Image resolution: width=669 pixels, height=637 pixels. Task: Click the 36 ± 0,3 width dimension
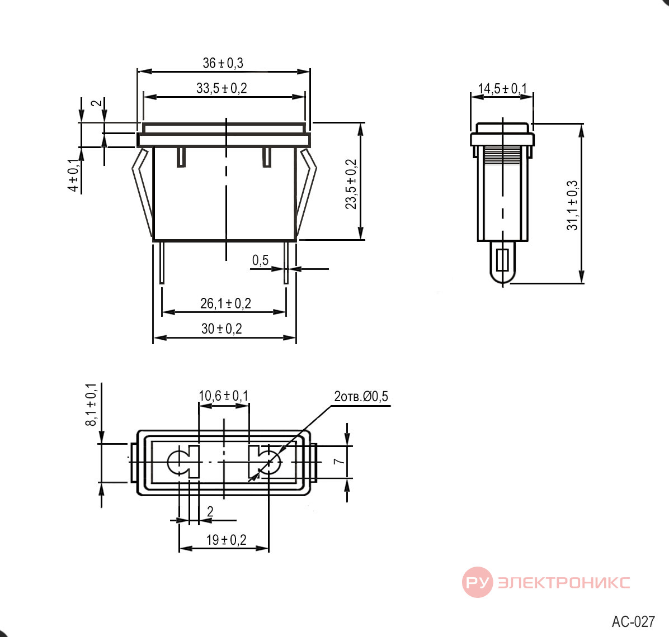pos(223,63)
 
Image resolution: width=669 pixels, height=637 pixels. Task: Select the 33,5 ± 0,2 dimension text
pos(222,88)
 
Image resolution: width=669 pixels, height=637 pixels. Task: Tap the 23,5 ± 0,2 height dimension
pos(351,184)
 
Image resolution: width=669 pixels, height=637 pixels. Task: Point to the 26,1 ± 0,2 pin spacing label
pos(225,303)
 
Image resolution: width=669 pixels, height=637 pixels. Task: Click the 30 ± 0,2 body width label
pos(222,329)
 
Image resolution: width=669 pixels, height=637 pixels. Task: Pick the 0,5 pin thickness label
pos(260,260)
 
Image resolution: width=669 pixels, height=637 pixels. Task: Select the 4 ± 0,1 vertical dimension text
pos(74,175)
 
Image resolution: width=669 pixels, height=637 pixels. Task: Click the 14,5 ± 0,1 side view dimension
pos(502,89)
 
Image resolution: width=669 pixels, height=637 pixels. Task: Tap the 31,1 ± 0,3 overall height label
pos(572,206)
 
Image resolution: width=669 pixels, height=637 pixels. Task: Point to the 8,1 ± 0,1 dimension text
pos(91,405)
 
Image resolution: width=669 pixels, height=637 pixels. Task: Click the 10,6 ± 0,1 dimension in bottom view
pos(223,396)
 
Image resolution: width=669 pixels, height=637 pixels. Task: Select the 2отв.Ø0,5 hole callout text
pos(361,396)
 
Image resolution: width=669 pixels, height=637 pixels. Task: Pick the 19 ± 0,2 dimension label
pos(226,540)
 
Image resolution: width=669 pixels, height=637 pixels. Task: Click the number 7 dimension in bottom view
pos(339,462)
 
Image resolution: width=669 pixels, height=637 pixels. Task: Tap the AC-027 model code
pos(633,622)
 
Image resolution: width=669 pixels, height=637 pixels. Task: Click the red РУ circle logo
pos(478,582)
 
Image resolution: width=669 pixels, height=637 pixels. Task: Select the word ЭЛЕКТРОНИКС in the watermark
pos(564,582)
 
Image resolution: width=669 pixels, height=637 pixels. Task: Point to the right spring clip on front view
pos(307,192)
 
